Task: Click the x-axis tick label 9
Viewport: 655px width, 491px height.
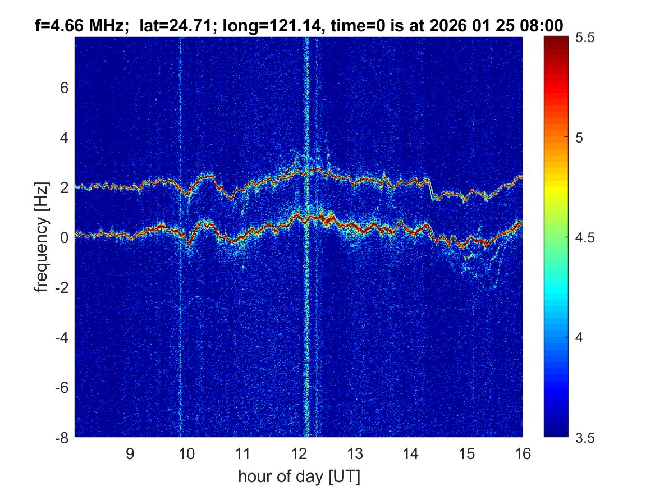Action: coord(130,453)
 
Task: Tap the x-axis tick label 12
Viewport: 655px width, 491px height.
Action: coord(298,453)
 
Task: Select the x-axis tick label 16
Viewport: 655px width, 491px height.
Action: coord(522,453)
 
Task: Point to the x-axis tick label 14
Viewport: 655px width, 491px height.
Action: coord(410,453)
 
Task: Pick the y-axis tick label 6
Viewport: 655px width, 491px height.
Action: coord(65,88)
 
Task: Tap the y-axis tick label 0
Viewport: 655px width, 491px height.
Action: coord(65,238)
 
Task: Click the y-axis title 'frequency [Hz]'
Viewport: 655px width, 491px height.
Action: coord(41,238)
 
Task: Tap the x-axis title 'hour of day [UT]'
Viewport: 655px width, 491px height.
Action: coord(299,476)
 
